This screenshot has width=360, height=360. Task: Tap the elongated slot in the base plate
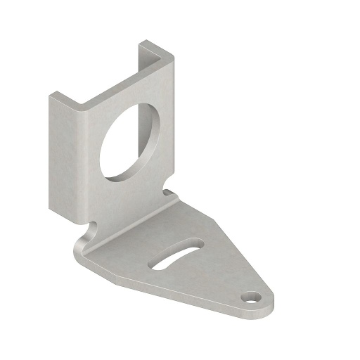click(176, 254)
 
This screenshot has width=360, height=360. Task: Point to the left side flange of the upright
click(62, 155)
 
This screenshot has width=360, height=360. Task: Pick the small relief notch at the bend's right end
click(169, 192)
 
